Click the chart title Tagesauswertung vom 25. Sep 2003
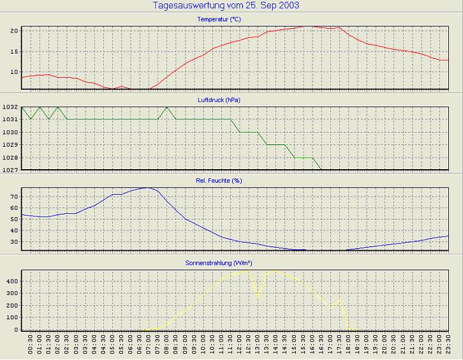[x=226, y=5]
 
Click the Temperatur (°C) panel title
[x=219, y=20]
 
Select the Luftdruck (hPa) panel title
[x=219, y=100]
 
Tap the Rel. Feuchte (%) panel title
[x=219, y=181]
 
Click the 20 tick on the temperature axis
[x=14, y=31]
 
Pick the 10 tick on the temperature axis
[x=14, y=72]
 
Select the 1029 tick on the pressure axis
[x=11, y=145]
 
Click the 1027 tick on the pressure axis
[x=11, y=170]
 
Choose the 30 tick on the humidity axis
[x=14, y=242]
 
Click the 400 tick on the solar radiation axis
[x=12, y=281]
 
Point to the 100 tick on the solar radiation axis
[x=12, y=318]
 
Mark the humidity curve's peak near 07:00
[x=148, y=188]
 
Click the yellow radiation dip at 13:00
[x=258, y=296]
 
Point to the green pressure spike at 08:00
[x=167, y=107]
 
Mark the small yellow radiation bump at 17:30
[x=339, y=299]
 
